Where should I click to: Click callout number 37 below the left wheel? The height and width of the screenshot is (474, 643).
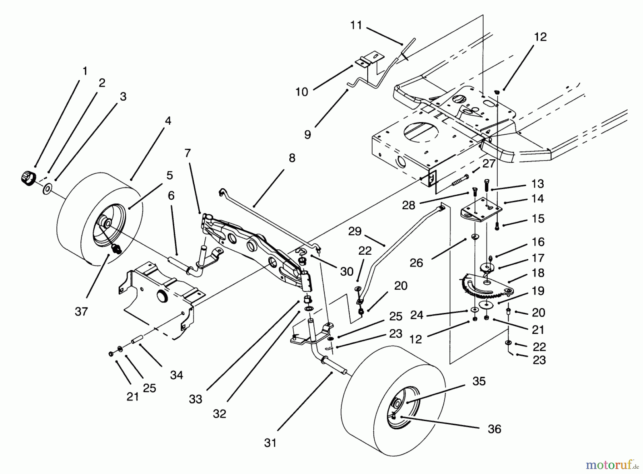(81, 311)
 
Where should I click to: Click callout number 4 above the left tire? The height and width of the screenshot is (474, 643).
(168, 121)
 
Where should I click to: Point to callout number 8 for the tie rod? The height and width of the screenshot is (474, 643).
(292, 158)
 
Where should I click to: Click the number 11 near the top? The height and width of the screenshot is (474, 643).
(356, 25)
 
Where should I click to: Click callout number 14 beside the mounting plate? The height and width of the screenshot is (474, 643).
(538, 199)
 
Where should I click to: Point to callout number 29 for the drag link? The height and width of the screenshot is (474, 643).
(355, 231)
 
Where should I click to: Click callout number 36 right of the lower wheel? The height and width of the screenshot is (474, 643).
(494, 429)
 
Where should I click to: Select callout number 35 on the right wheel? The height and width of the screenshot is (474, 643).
(479, 381)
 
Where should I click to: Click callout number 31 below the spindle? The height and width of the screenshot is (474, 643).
(270, 443)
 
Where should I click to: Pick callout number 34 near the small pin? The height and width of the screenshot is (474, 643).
(176, 375)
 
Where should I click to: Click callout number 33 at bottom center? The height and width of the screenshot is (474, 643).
(195, 399)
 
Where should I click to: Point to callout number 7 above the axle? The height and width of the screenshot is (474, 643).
(188, 153)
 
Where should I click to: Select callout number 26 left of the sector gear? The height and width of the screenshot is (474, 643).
(416, 263)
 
